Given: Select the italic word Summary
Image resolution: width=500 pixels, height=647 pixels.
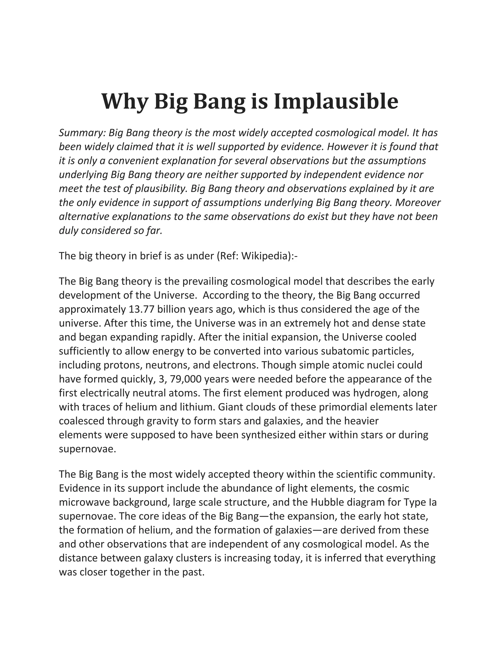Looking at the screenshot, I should pyautogui.click(x=82, y=133).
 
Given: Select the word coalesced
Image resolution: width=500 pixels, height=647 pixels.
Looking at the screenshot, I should pyautogui.click(x=82, y=421).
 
